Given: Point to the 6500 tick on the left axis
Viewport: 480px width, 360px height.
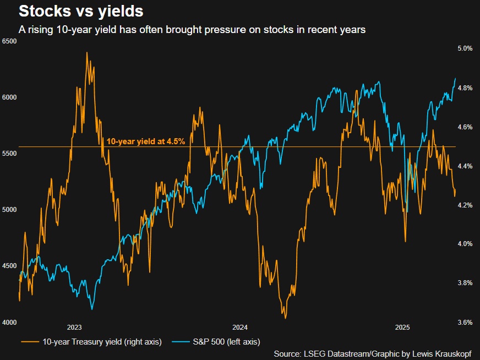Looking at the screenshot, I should pos(10,41).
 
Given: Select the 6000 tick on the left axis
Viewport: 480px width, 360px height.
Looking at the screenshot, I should pos(10,97).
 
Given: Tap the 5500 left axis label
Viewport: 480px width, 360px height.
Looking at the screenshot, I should pos(10,154).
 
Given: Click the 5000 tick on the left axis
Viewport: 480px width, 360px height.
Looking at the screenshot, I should pos(10,210).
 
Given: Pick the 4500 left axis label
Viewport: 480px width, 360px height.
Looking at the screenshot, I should pos(10,266).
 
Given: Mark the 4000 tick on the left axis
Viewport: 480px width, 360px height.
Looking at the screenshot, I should pos(10,322).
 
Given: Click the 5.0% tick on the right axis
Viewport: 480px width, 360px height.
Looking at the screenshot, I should pos(465,48).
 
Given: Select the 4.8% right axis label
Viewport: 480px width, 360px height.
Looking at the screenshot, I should pos(465,88).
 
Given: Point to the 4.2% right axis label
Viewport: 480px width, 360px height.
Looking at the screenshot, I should pos(465,205).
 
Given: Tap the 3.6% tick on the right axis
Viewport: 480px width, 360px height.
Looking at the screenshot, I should pos(465,322).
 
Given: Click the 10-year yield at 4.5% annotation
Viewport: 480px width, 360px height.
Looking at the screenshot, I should pos(145,141).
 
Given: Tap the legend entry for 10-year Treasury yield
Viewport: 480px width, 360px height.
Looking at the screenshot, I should pos(102,342).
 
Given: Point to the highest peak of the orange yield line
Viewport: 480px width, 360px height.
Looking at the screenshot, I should pos(87,53).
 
